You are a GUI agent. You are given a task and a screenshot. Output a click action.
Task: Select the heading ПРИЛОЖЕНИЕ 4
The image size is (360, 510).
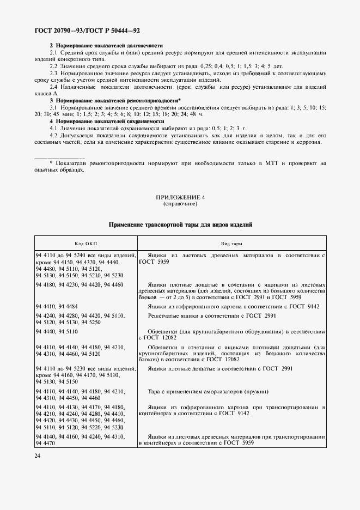coord(180,197)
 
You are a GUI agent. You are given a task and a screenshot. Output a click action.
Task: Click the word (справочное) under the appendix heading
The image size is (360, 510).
coord(180,203)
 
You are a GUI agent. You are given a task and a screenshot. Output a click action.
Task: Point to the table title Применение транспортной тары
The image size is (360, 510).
coord(180,224)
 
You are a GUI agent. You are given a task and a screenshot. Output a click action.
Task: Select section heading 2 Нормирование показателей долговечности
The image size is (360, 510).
coord(106,45)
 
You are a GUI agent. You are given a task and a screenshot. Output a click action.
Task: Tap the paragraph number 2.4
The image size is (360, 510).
coord(55,87)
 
